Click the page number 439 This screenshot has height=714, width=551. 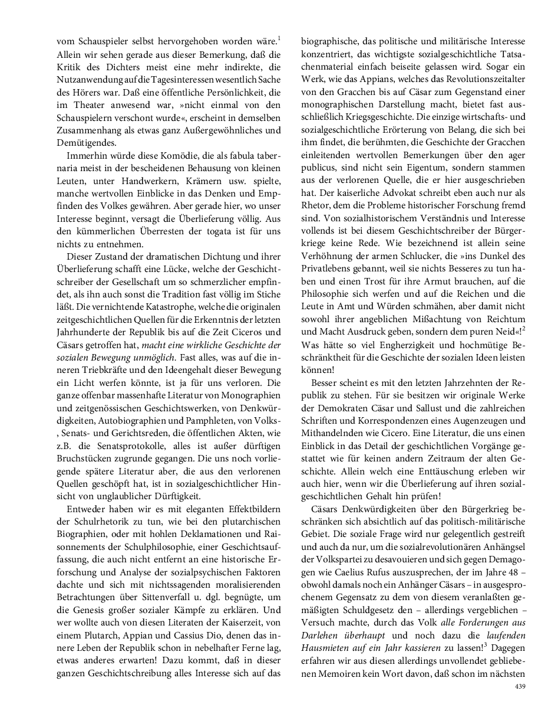[x=520, y=686]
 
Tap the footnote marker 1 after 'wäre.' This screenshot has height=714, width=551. [x=279, y=39]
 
